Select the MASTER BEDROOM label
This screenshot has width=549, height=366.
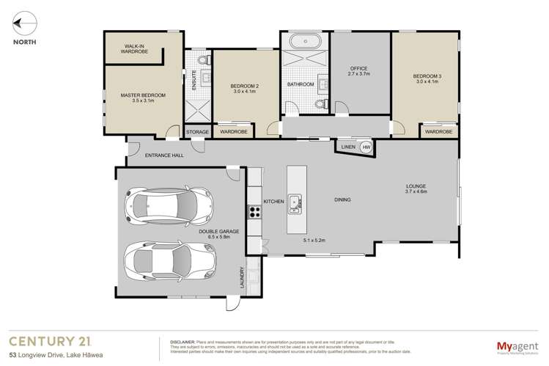tap(143, 98)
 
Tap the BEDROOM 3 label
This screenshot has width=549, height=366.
tap(424, 78)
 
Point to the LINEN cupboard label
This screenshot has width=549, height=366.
tap(349, 147)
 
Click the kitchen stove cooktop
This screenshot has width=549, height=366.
tap(254, 212)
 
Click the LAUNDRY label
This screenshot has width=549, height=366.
tap(240, 276)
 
